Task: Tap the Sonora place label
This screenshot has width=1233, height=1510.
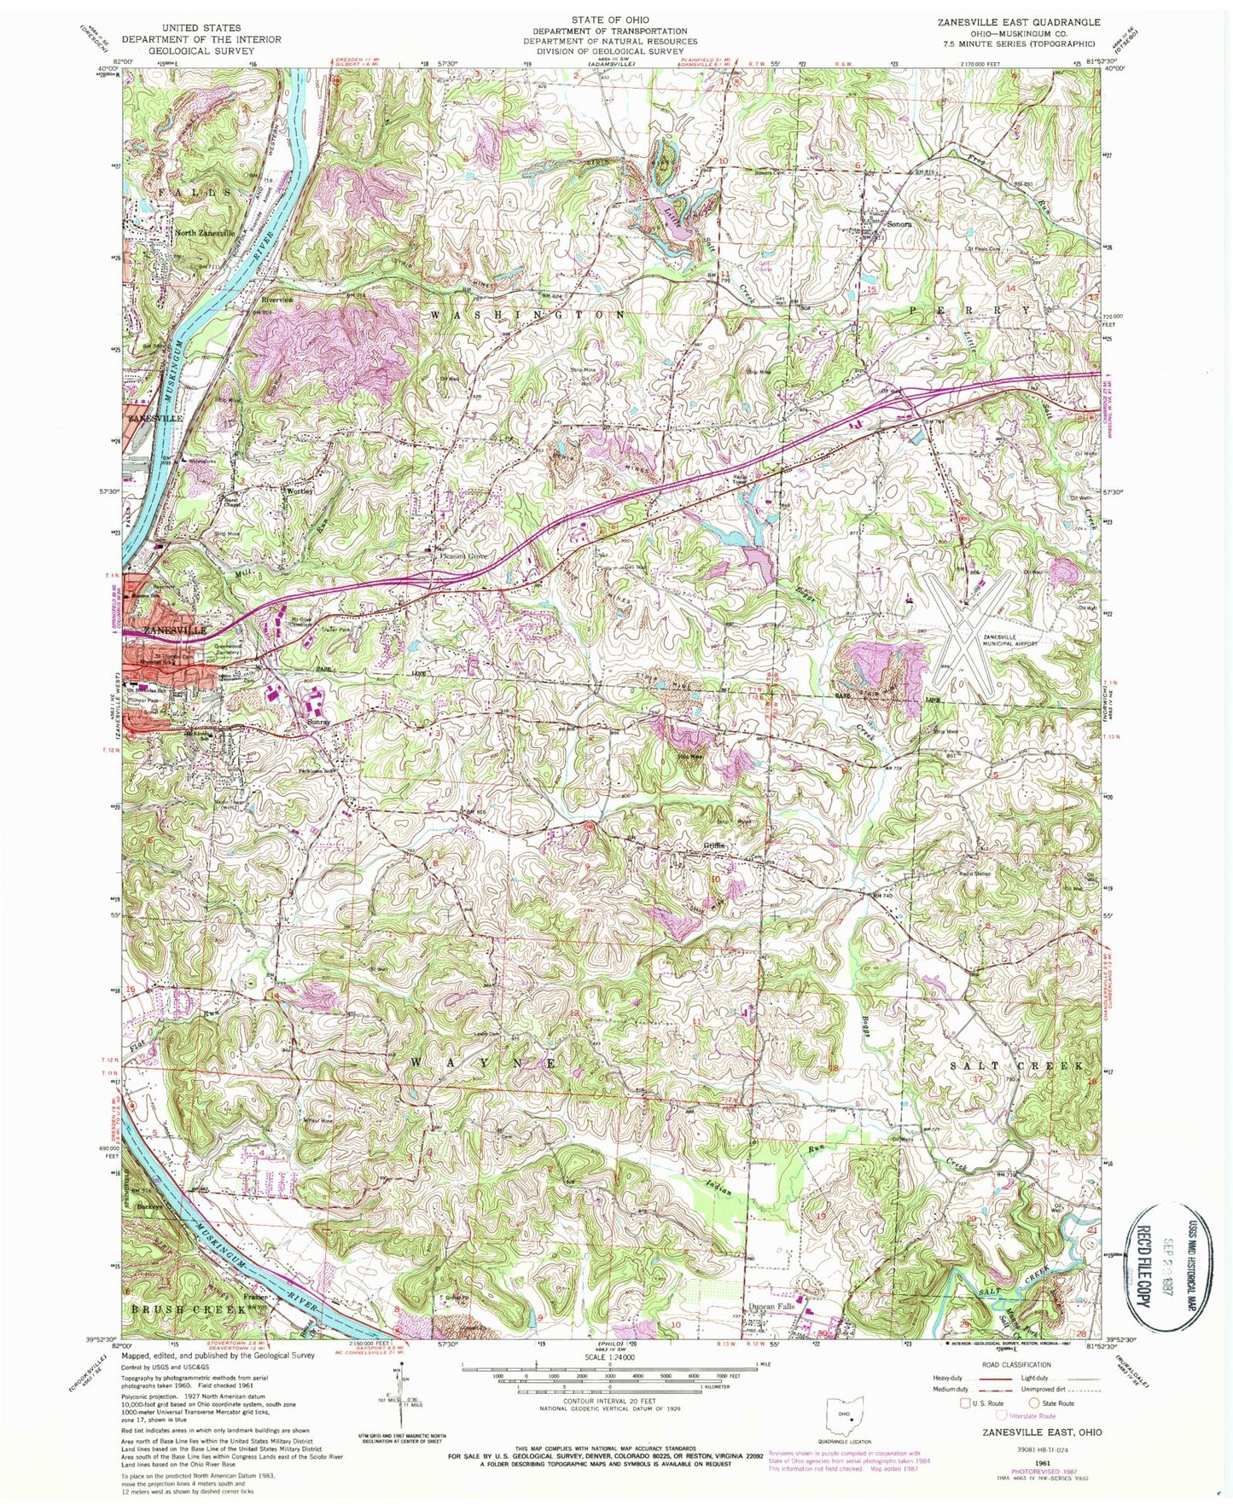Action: (x=899, y=224)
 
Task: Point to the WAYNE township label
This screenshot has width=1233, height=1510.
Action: (x=486, y=1064)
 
